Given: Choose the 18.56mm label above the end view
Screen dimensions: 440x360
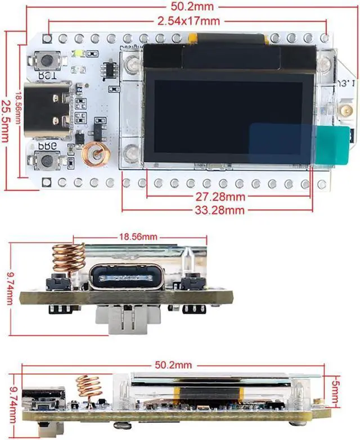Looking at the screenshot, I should [138, 237].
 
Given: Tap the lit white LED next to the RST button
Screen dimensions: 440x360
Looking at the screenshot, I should [76, 54].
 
